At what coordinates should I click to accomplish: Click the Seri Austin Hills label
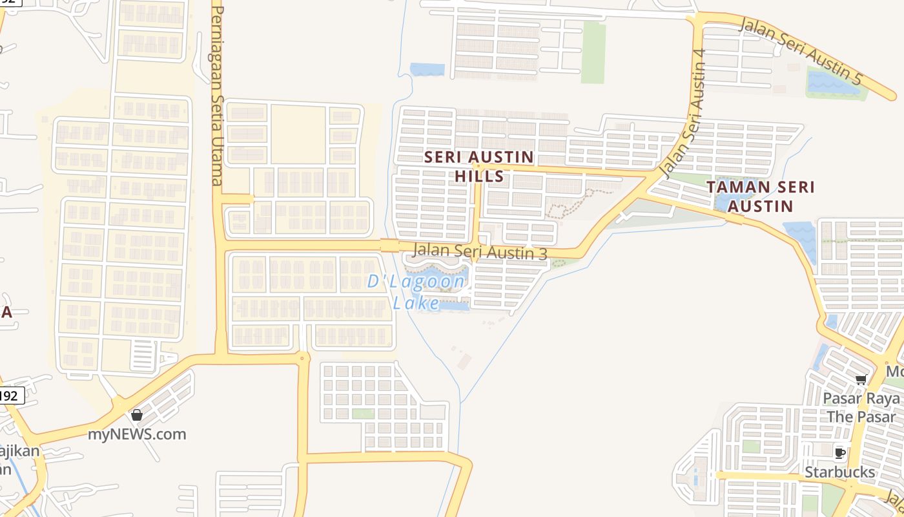(478, 166)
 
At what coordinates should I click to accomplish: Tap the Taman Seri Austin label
(760, 196)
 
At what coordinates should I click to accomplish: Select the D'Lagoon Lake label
(416, 291)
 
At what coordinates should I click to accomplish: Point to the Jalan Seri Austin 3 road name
(479, 251)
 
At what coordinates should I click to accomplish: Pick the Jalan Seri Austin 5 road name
(801, 52)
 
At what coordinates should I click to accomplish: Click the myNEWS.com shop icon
(136, 415)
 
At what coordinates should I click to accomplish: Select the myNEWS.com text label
(137, 434)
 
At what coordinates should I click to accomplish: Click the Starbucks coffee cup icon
(839, 453)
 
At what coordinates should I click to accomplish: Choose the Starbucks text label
(839, 472)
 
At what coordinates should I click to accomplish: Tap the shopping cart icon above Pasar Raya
(861, 379)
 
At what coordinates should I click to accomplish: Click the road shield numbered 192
(11, 396)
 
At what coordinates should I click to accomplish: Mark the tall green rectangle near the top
(593, 53)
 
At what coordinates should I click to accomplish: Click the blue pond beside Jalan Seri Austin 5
(833, 83)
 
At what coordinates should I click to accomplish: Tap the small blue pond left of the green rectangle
(427, 69)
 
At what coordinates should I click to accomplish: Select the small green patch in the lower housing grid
(363, 414)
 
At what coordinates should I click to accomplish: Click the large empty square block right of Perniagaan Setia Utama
(298, 134)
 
